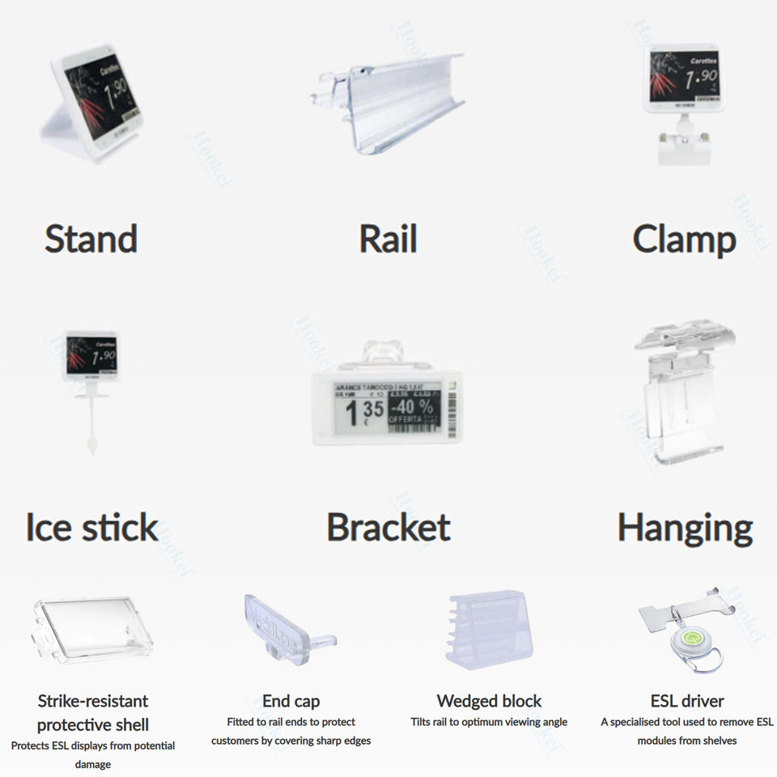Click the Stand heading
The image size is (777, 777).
[91, 240]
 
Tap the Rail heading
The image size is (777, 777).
[388, 240]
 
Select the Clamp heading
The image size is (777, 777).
[684, 240]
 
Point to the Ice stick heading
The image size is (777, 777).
[92, 528]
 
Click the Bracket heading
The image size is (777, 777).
[388, 528]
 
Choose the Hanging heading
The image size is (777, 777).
[685, 528]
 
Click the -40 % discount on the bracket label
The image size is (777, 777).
[414, 405]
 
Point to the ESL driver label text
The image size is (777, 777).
[687, 701]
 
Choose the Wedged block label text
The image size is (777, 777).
[489, 701]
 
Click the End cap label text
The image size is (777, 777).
[291, 701]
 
